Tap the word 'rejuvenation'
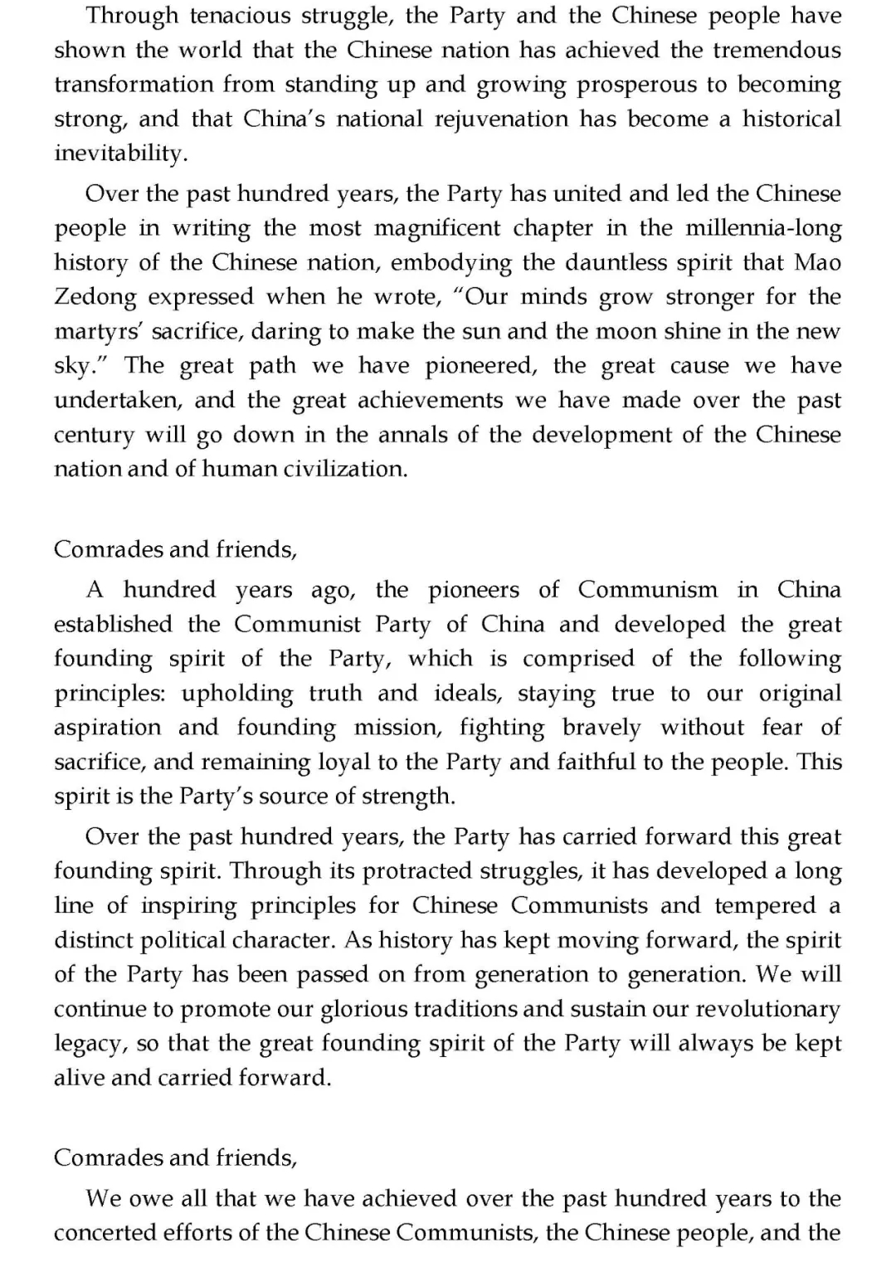tap(502, 119)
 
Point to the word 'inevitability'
tap(117, 154)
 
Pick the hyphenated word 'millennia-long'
tap(763, 228)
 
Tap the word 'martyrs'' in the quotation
tap(108, 331)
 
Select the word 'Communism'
tap(647, 590)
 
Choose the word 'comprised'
tap(579, 659)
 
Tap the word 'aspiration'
tap(107, 728)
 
